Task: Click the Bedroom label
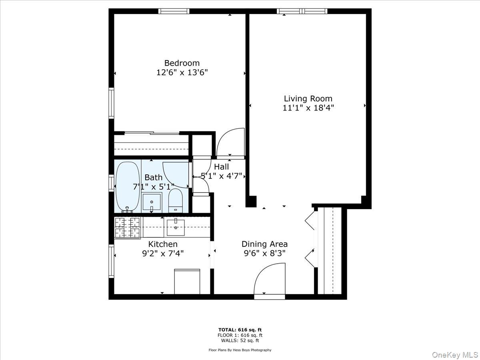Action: tap(182, 63)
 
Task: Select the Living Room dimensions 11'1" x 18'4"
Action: tap(308, 108)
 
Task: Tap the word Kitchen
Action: tap(163, 244)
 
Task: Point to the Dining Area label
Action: tap(264, 244)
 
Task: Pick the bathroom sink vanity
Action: tap(152, 202)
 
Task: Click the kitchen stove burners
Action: tap(127, 227)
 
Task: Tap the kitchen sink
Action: tap(175, 227)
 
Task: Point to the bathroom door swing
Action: tap(176, 174)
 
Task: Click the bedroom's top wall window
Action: tap(174, 11)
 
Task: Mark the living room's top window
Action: tap(302, 11)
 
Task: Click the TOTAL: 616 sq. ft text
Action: tap(240, 329)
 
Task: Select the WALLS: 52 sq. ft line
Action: tap(240, 340)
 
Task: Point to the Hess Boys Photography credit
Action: tap(240, 350)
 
